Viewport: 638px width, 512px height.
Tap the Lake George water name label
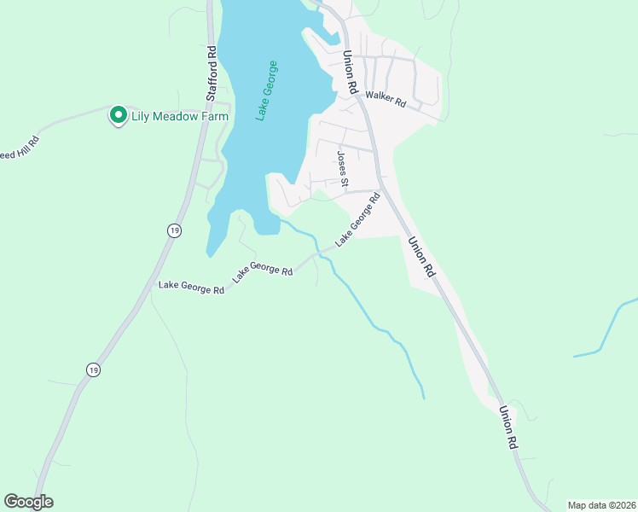point(267,90)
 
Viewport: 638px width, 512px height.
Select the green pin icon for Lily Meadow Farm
point(118,115)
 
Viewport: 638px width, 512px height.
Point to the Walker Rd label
point(386,99)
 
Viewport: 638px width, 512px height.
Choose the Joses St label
point(342,168)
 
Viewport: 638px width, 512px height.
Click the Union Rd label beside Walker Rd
point(350,73)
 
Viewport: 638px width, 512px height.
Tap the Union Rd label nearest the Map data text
point(509,427)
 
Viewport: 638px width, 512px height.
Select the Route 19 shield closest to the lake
point(174,230)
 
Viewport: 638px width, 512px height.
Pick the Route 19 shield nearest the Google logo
point(92,369)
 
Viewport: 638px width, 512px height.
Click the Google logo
point(28,502)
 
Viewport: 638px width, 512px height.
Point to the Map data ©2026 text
point(600,504)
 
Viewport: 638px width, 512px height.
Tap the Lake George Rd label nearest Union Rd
point(357,220)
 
